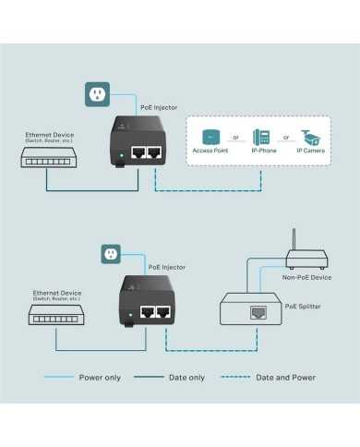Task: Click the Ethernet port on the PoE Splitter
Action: [x=255, y=314]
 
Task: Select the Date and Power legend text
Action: [x=286, y=377]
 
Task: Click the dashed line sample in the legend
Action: [x=235, y=377]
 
